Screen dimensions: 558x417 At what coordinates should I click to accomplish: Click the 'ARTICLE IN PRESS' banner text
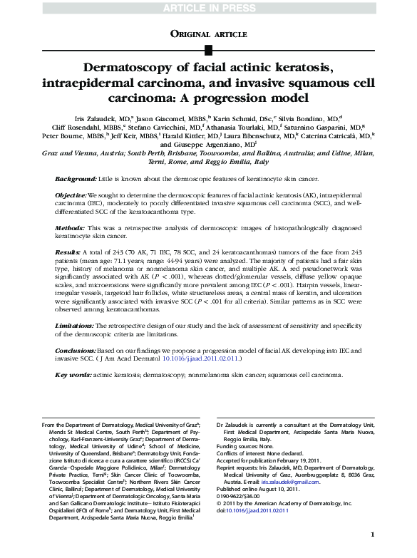[208, 8]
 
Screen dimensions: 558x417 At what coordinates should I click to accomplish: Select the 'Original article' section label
[208, 33]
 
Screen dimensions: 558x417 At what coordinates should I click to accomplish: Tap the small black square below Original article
[208, 49]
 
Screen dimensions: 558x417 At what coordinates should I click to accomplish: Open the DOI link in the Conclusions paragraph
[202, 359]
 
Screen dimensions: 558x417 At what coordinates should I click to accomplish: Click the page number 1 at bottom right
[373, 534]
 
